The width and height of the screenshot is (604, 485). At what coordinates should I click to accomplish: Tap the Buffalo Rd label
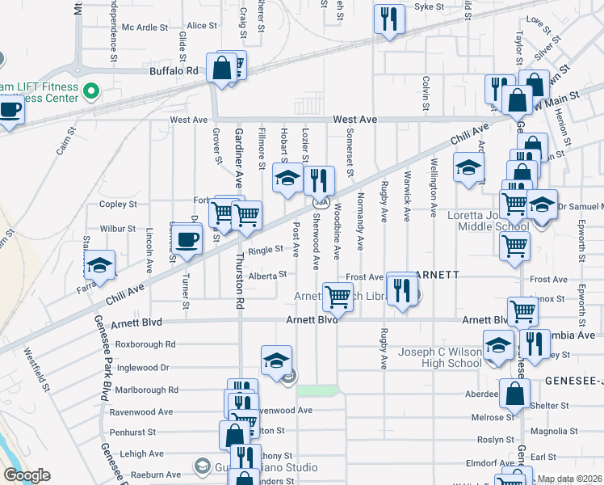[174, 71]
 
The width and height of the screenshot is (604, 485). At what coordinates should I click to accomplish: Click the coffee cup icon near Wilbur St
[187, 239]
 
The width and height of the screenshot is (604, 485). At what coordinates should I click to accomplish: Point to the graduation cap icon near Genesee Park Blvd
[100, 266]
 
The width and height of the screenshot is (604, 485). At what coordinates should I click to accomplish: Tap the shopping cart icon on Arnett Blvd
[338, 297]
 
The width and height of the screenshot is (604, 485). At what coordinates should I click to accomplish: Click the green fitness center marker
[90, 91]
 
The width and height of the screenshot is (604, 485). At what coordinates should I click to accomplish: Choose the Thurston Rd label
[239, 280]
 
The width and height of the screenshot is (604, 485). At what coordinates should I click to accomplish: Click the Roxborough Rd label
[146, 344]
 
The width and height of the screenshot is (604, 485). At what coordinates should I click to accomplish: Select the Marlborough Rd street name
[145, 390]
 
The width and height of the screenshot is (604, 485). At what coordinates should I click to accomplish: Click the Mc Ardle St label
[145, 27]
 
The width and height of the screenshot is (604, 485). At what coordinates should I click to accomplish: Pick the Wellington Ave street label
[434, 188]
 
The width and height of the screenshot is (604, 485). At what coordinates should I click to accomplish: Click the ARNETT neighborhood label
[440, 275]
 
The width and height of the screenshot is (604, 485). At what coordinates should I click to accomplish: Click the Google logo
[27, 475]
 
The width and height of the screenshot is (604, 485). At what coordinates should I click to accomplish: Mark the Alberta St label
[267, 275]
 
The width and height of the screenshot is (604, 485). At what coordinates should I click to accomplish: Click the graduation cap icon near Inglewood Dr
[275, 358]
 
